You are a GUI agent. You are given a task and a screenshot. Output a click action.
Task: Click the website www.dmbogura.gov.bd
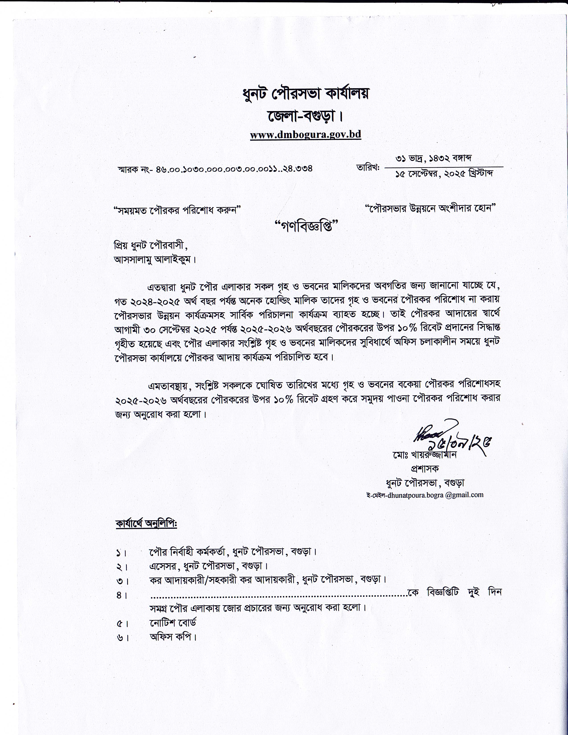click(305, 135)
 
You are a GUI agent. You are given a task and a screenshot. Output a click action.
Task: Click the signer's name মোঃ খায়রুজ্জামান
click(424, 455)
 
